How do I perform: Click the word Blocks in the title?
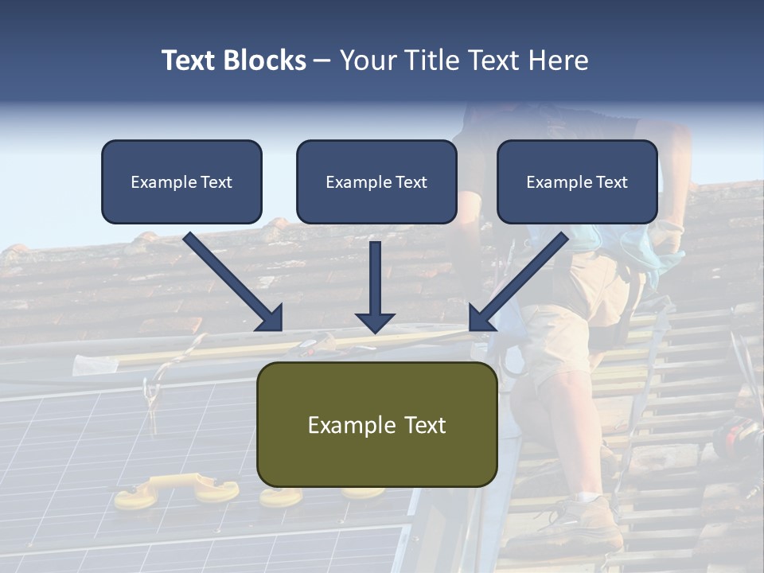tap(266, 60)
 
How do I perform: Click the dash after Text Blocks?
tap(322, 61)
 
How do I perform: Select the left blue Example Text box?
tap(181, 181)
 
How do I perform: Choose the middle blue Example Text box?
tap(376, 181)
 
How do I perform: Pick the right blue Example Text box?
tap(577, 181)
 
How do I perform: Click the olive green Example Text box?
tap(376, 424)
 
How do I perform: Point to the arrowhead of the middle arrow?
tap(375, 322)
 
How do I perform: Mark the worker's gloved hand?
tap(668, 235)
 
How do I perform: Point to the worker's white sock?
tap(589, 497)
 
